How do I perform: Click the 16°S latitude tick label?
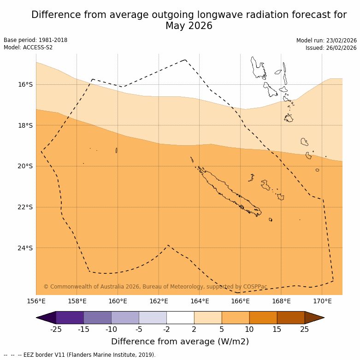click(25, 84)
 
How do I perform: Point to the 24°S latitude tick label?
click(25, 248)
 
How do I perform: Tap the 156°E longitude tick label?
click(36, 301)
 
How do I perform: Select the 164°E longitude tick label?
click(200, 301)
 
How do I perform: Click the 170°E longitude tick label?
click(322, 301)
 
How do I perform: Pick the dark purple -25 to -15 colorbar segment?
click(70, 318)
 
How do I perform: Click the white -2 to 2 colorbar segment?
click(180, 318)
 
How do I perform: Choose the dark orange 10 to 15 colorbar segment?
click(263, 318)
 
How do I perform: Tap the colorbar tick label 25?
click(305, 329)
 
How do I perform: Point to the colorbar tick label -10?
click(111, 329)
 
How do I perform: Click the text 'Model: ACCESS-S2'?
click(28, 47)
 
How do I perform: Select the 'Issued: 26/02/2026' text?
click(331, 48)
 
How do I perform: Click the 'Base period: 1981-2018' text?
click(35, 40)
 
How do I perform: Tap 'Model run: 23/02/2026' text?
click(326, 41)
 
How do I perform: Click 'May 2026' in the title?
click(189, 26)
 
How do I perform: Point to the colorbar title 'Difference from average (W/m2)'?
click(180, 342)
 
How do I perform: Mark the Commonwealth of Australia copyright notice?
click(155, 287)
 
